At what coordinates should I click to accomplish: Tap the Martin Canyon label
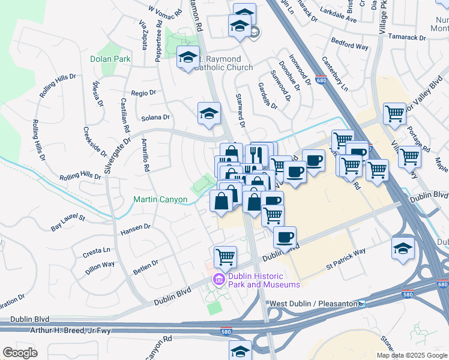pos(160,199)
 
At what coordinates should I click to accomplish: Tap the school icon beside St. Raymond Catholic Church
pos(188,58)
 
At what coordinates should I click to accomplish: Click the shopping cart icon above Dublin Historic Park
pos(225,256)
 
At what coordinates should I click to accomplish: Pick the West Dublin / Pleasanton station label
pos(313,304)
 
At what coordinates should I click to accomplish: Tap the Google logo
pos(20,353)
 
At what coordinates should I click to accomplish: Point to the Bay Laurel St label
pos(68,223)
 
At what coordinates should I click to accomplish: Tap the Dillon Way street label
pos(100,268)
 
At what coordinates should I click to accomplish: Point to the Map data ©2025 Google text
pos(412,355)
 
